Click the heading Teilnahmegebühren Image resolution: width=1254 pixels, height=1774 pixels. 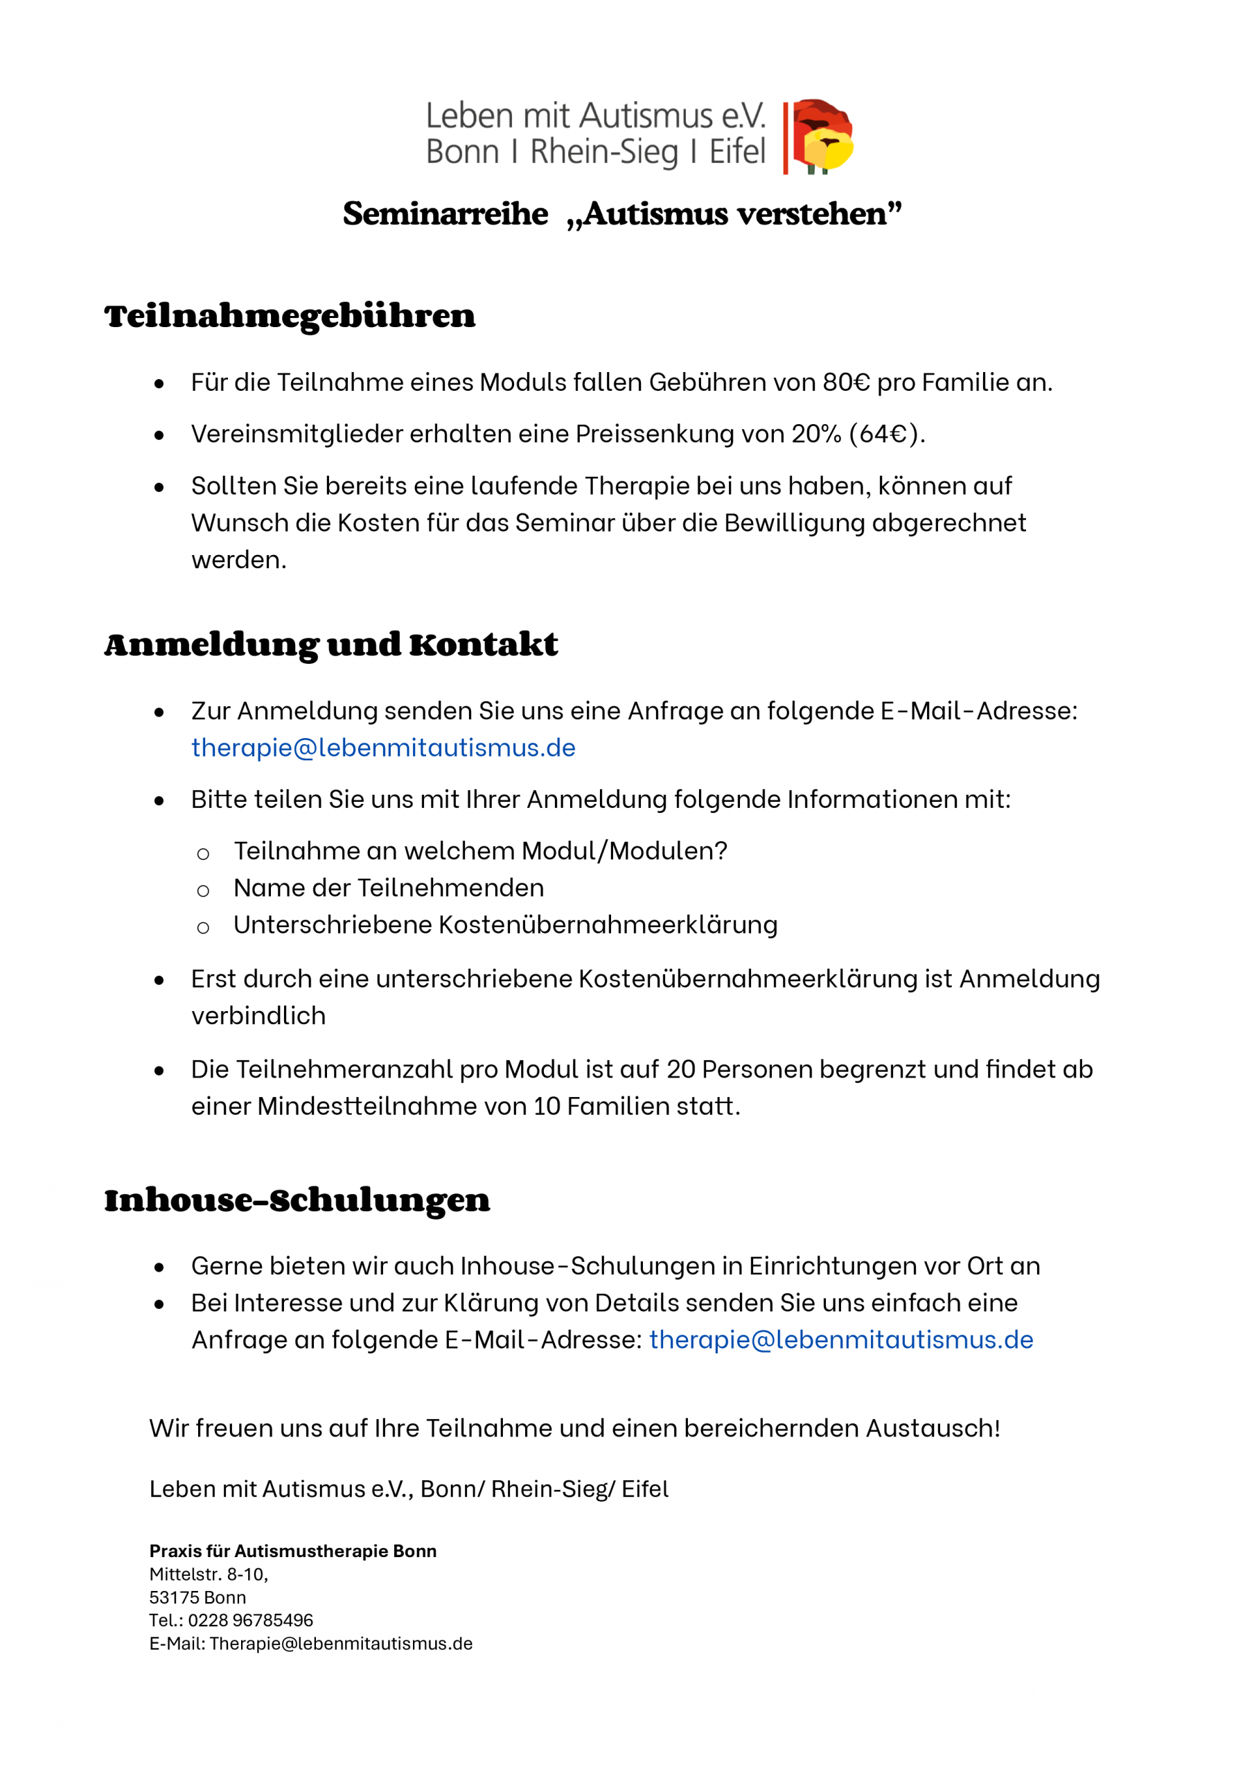290,317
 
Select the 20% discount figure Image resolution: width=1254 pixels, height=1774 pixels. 816,434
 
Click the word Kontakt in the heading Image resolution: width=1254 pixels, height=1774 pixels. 484,645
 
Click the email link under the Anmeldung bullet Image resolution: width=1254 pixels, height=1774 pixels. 383,748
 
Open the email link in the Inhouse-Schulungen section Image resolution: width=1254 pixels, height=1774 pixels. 840,1340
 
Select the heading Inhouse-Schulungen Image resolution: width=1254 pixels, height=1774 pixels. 297,1201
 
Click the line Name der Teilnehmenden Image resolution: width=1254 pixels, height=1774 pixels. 389,888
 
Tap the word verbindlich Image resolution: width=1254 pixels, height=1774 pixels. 259,1016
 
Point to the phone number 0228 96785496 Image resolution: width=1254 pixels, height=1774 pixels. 250,1620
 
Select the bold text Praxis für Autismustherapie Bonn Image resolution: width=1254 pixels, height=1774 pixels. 293,1551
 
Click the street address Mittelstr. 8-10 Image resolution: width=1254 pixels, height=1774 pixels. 208,1574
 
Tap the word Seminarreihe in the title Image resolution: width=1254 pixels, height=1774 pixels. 445,214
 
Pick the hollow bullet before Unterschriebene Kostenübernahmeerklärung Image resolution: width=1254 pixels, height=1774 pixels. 203,928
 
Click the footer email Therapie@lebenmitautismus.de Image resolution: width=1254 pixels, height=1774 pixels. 341,1644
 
